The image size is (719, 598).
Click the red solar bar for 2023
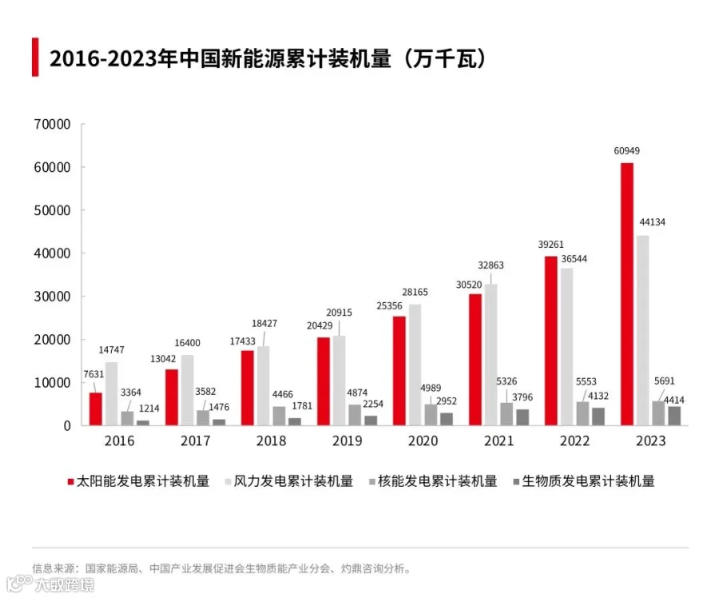(627, 294)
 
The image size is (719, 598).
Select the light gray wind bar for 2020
(415, 365)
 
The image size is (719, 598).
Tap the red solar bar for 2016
(96, 409)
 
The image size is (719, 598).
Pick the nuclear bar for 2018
(279, 416)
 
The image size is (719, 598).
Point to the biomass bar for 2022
(598, 417)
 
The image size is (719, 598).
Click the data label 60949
(627, 151)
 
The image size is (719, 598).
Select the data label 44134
(653, 222)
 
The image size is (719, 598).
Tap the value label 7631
(93, 374)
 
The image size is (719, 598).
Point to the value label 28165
(415, 292)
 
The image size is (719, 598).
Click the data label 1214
(149, 408)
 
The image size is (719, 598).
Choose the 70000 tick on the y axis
(52, 125)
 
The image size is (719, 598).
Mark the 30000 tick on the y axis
(52, 297)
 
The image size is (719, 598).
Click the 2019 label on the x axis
(348, 441)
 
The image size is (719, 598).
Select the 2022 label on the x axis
(574, 441)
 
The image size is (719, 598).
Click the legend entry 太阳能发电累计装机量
(138, 481)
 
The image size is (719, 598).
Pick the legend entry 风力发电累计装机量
(289, 481)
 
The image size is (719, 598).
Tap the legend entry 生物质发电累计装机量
(584, 481)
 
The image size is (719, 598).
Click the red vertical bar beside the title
(35, 57)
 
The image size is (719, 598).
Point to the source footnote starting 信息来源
(221, 568)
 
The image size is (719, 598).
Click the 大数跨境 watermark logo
(50, 584)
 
